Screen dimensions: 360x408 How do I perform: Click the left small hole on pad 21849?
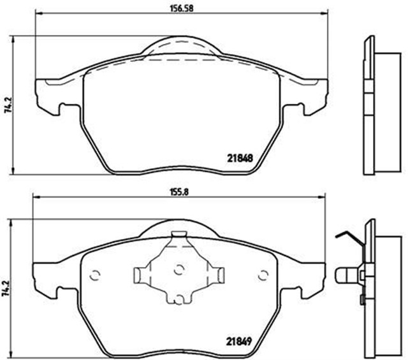click(96, 275)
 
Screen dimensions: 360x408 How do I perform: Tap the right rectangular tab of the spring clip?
click(219, 274)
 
